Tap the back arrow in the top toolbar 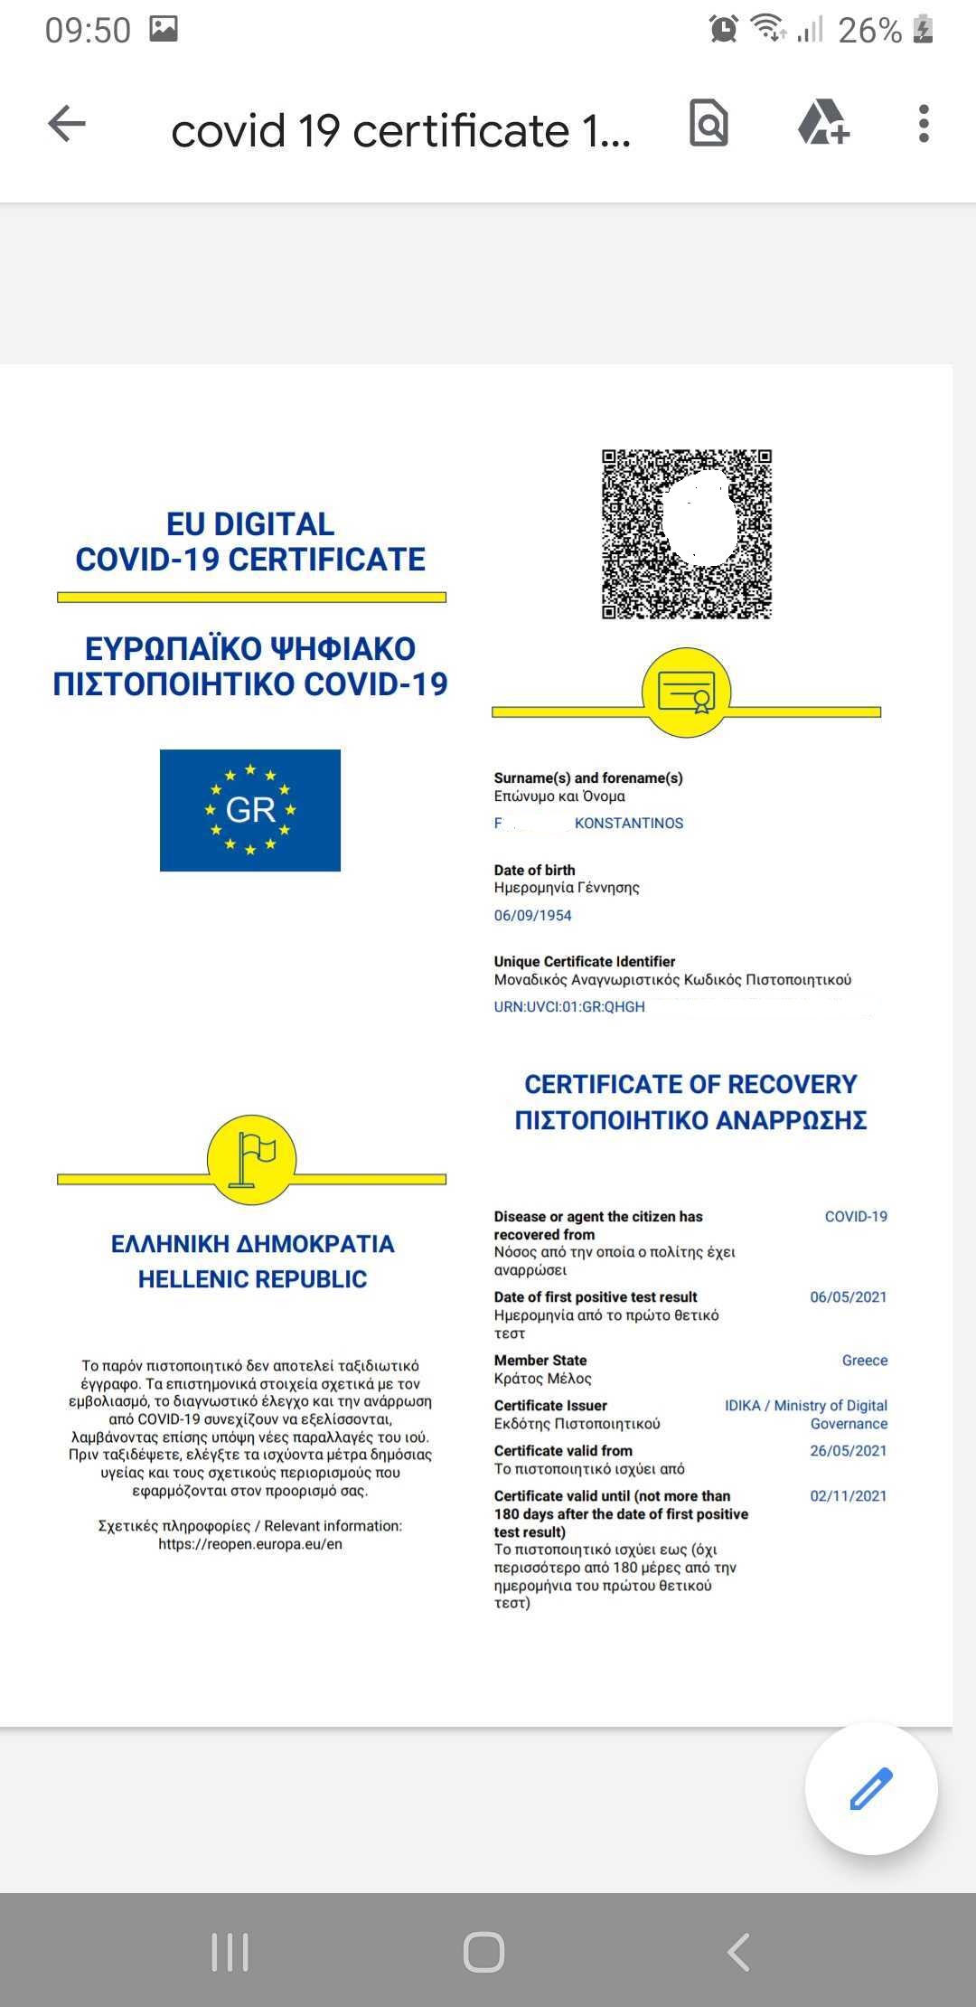(67, 124)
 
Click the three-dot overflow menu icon (923, 124)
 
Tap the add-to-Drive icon (823, 124)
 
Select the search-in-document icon (709, 124)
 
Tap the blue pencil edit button (871, 1788)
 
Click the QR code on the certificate (687, 534)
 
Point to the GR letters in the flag (250, 809)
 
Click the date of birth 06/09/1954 (532, 915)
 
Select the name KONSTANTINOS (629, 823)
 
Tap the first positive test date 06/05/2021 (849, 1297)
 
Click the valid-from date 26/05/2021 (849, 1450)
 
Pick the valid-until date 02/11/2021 (849, 1495)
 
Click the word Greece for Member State (865, 1361)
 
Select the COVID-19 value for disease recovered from (856, 1217)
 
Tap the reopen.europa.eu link (250, 1544)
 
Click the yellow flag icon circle (252, 1160)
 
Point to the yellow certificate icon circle (686, 693)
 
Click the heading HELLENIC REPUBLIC (252, 1279)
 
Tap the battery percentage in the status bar (869, 31)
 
